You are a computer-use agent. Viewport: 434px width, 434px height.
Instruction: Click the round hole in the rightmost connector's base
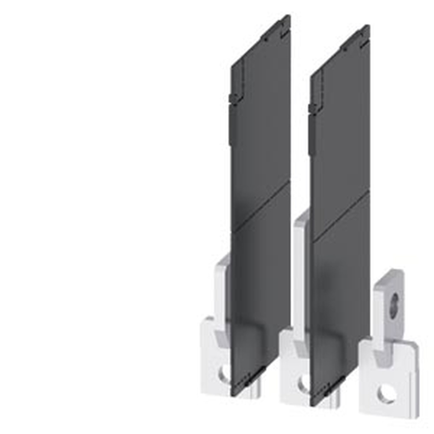pyautogui.click(x=386, y=394)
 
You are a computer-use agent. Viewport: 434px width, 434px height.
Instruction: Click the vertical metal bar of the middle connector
pyautogui.click(x=301, y=278)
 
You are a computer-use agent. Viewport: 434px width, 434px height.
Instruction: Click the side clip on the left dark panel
pyautogui.click(x=234, y=99)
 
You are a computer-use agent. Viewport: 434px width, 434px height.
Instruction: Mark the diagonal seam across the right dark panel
pyautogui.click(x=341, y=216)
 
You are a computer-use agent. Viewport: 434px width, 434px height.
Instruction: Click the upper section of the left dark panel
pyautogui.click(x=260, y=122)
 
